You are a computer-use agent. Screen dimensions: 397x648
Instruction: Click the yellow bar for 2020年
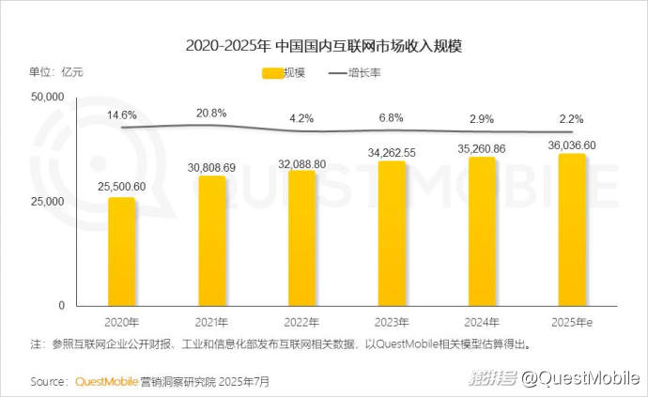[121, 252]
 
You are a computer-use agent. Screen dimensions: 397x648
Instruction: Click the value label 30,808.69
[211, 167]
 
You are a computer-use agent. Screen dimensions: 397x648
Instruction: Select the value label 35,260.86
[482, 148]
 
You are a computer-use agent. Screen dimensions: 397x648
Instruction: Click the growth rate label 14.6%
[121, 115]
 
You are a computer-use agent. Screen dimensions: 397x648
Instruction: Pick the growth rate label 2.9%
[482, 119]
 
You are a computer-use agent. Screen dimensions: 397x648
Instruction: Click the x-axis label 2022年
[301, 321]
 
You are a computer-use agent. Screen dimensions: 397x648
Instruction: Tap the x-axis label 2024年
[482, 321]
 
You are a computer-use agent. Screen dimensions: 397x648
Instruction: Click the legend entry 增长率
[361, 72]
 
